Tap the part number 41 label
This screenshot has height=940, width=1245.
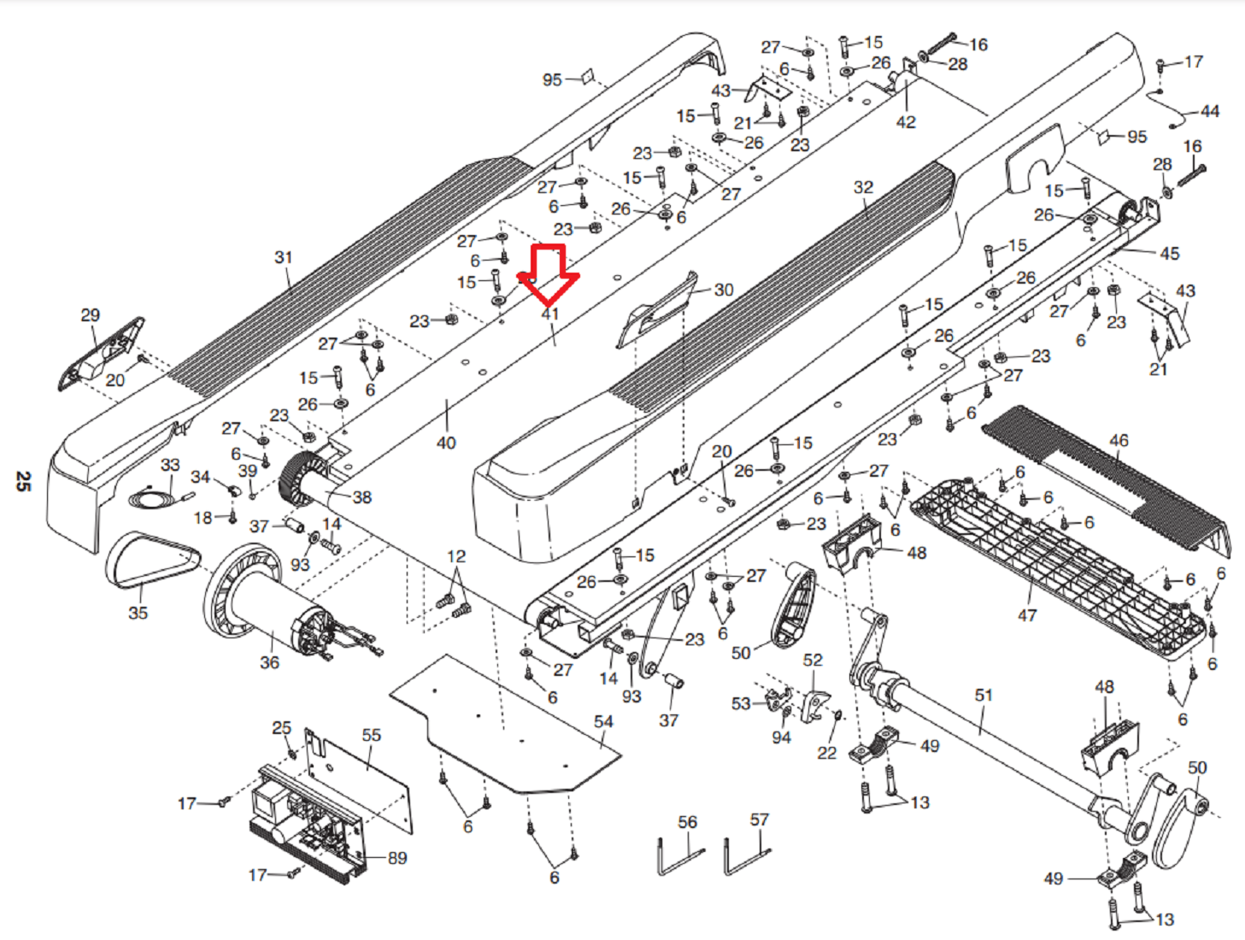(550, 314)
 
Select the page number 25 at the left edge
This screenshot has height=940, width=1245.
(23, 481)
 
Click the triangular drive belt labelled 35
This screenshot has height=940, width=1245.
(153, 561)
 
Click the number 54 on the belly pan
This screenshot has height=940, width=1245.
(603, 721)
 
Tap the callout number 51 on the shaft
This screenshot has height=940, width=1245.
(984, 695)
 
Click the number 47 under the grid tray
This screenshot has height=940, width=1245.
(1027, 615)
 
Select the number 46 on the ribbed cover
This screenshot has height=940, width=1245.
(1119, 440)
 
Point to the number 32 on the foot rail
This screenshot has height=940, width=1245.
(863, 187)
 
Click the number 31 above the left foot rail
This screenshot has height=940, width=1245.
(283, 257)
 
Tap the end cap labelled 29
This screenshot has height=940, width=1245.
(101, 355)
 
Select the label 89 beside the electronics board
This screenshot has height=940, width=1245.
(397, 858)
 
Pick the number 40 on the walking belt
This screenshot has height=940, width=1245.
(446, 443)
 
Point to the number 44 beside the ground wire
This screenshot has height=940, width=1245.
(1210, 111)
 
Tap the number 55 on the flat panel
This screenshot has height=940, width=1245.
(371, 735)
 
